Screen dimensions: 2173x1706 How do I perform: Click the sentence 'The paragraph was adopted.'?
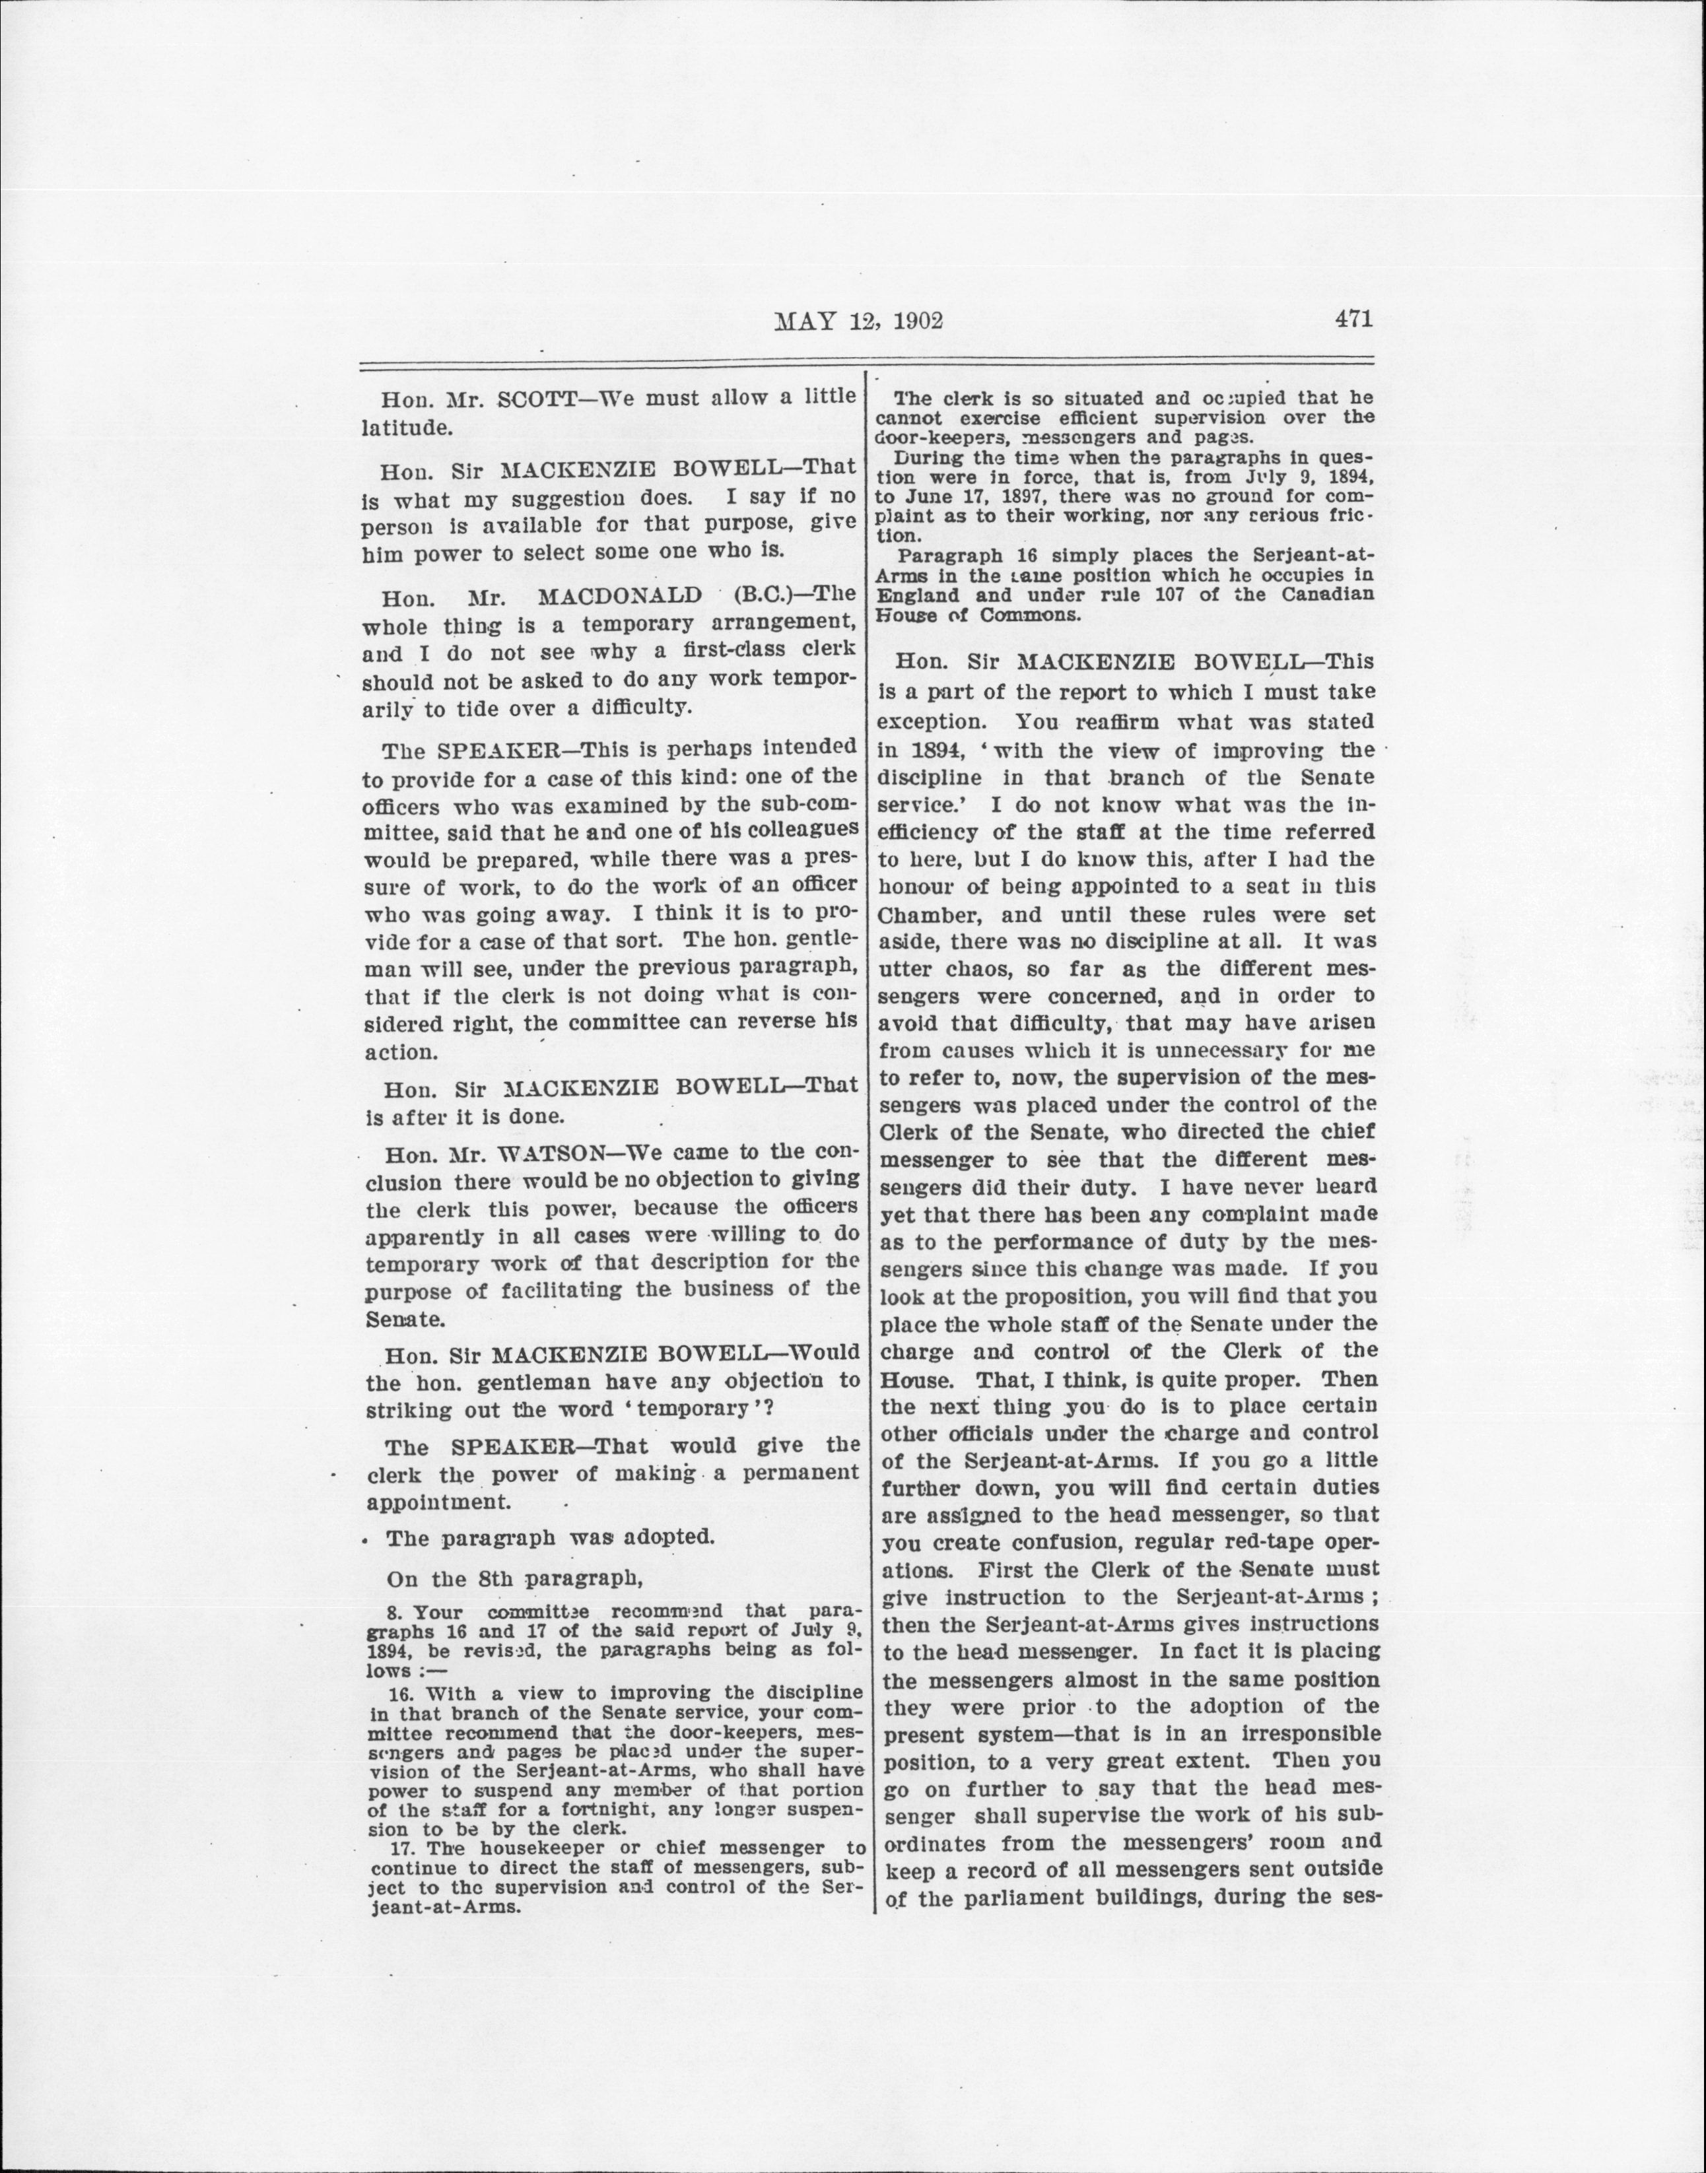pos(551,1537)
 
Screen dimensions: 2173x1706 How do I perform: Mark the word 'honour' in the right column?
pos(916,886)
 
